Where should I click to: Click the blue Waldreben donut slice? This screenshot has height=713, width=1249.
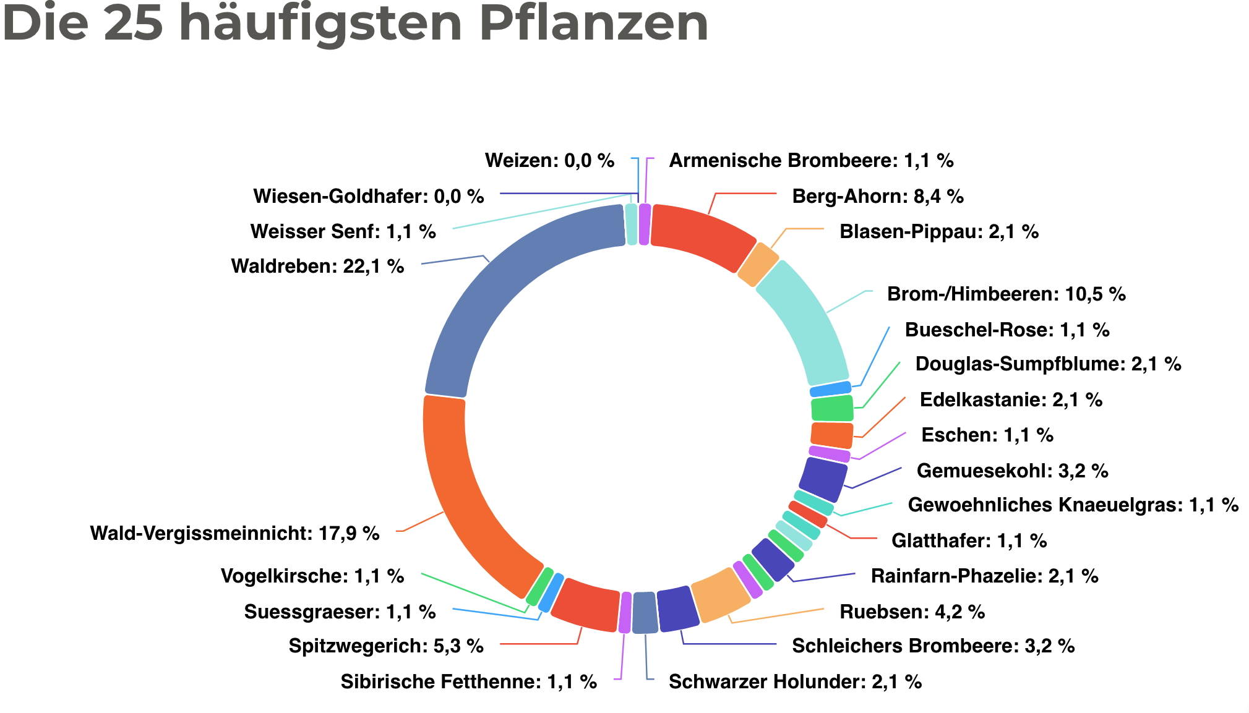pos(507,278)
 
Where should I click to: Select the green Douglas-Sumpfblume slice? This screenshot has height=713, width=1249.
pos(832,409)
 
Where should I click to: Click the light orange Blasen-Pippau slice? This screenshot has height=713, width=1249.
pos(758,265)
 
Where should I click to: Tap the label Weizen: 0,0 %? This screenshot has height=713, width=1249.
pos(549,161)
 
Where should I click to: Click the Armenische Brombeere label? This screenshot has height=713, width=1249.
pos(811,161)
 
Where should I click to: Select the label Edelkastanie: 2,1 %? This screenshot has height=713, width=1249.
pos(1011,400)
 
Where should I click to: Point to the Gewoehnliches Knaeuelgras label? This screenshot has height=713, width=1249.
pos(1073,505)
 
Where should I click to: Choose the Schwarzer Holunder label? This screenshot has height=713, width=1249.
pos(795,682)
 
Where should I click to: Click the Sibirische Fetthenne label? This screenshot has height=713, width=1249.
pos(468,682)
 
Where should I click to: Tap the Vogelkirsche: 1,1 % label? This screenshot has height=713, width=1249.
pos(312,576)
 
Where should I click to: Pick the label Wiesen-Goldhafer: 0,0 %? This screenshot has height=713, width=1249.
pos(369,197)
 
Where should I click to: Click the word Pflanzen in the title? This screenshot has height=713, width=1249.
pos(594,23)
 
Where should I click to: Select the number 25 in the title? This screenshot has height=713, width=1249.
pos(133,23)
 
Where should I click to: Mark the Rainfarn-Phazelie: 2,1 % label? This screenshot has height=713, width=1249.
pos(984,576)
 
